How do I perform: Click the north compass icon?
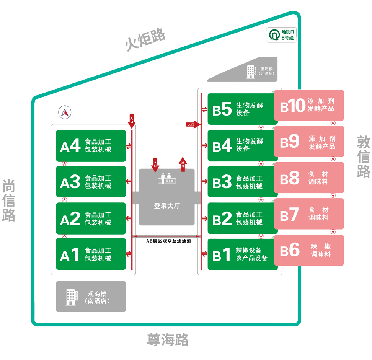click(x=65, y=112)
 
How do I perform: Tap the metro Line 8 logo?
click(x=274, y=35)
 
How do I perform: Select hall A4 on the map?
click(x=91, y=146)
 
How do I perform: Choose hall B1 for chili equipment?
click(x=242, y=254)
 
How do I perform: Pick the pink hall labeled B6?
click(x=309, y=250)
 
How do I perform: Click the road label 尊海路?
click(x=168, y=340)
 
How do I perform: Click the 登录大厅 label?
click(x=167, y=206)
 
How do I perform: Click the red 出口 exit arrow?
click(x=183, y=164)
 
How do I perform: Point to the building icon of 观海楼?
click(x=71, y=297)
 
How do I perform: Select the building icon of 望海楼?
click(x=251, y=72)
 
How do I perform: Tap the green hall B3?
click(x=242, y=182)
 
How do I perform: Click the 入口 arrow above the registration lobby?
click(x=155, y=165)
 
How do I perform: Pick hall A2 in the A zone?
click(x=91, y=218)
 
